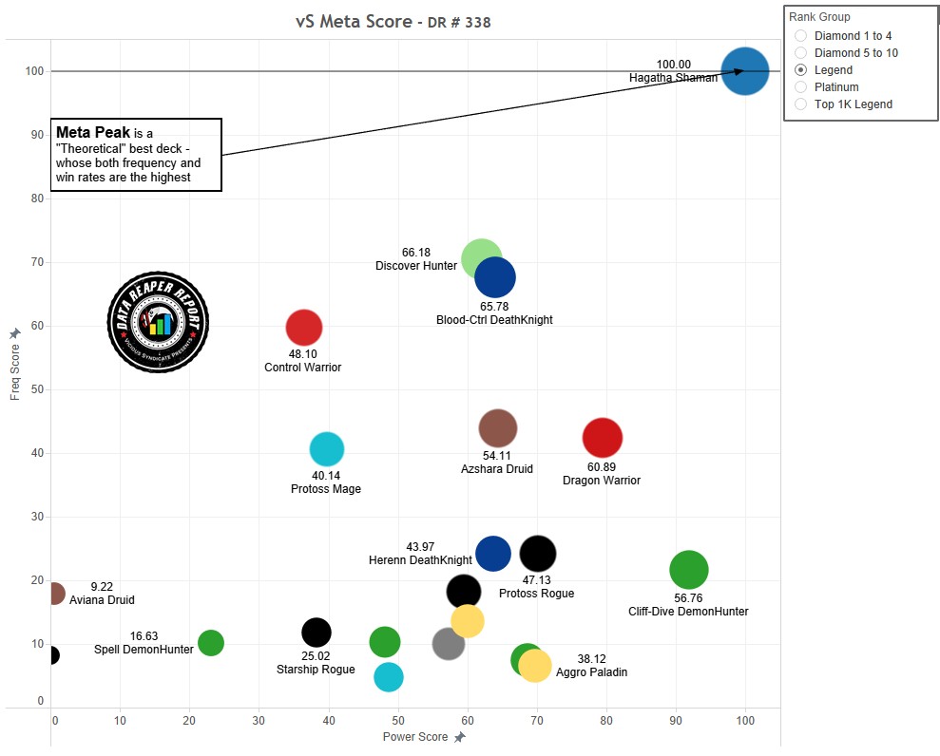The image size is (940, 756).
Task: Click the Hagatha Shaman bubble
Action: pos(744,71)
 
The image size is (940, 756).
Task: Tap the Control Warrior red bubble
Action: pos(303,328)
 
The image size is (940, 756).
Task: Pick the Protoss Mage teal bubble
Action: pos(326,449)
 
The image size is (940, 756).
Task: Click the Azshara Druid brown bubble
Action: pos(497,428)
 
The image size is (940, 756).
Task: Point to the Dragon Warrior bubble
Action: pos(602,438)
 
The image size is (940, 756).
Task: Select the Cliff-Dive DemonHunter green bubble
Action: pos(689,570)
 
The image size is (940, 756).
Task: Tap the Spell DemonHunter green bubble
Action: pos(211,643)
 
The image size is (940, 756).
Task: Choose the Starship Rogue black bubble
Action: pos(316,633)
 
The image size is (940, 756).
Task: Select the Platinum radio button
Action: pos(800,87)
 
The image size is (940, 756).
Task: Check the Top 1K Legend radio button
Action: pos(800,104)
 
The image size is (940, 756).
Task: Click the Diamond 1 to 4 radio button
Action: pos(800,36)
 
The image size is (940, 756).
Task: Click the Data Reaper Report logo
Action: pos(158,323)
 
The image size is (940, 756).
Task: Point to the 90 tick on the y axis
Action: pos(37,135)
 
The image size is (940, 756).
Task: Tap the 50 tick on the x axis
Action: pos(398,721)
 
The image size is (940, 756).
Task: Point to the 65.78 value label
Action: pos(494,307)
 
